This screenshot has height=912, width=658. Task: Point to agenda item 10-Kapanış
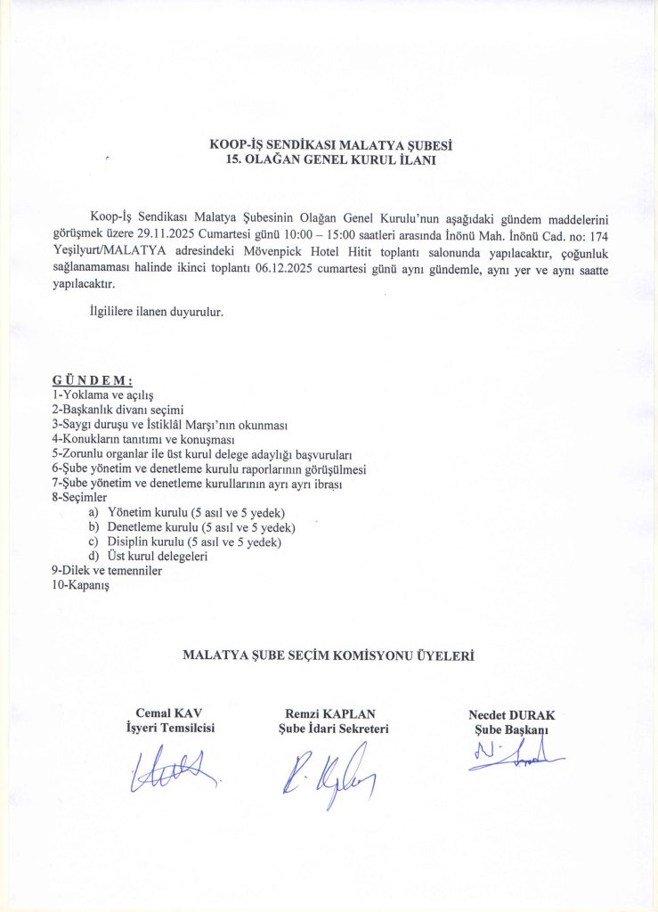79,586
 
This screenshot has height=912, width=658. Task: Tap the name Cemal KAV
169,713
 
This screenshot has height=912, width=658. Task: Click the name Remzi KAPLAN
330,713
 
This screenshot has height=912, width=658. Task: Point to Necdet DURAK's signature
514,754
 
